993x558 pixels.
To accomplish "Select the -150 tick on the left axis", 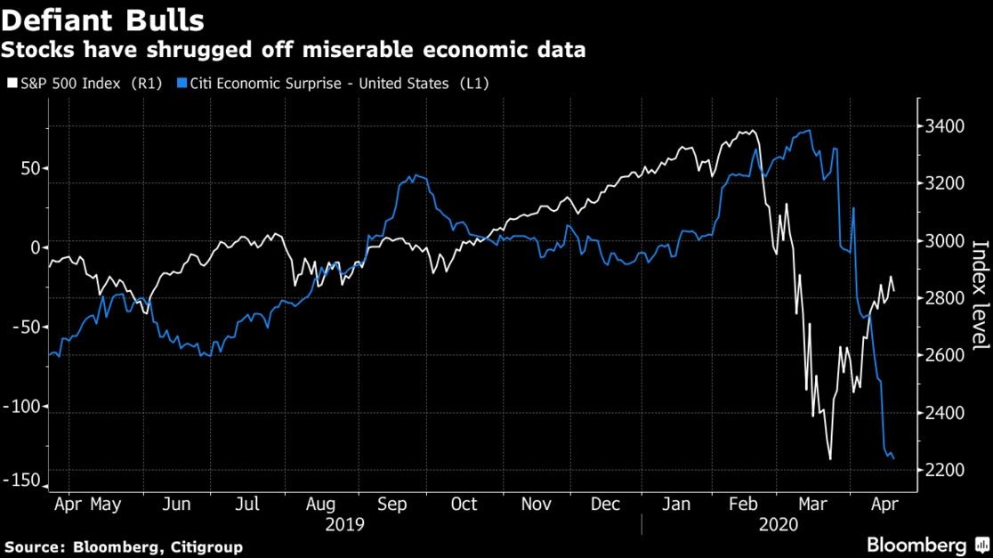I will (x=22, y=481).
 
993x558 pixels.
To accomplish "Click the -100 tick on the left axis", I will (x=22, y=407).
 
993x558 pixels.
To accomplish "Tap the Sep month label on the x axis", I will (x=392, y=505).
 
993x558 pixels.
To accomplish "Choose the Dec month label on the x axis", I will (x=605, y=505).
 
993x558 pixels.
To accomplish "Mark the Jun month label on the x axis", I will (x=177, y=505).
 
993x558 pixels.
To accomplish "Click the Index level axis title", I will (x=980, y=297).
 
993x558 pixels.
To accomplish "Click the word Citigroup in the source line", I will (x=205, y=546).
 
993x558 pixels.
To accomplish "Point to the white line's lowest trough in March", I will (x=830, y=459).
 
